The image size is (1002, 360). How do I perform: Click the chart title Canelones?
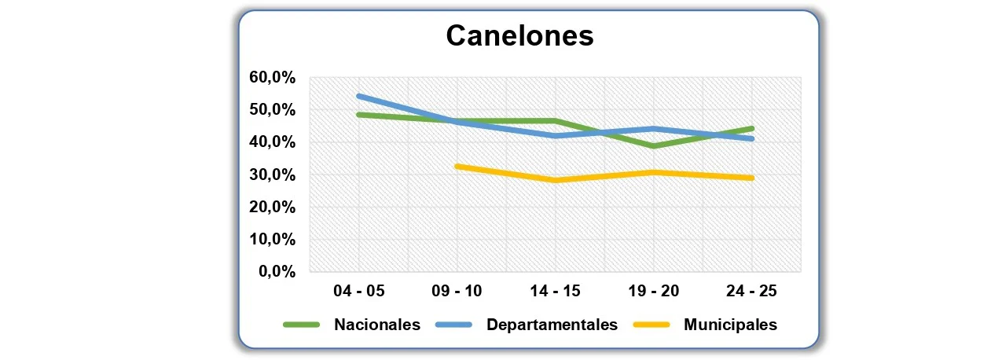tap(519, 36)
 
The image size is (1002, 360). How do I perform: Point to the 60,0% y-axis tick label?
tap(271, 78)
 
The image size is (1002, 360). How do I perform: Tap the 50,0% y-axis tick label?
tap(271, 110)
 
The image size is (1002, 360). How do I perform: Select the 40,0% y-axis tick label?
tap(271, 142)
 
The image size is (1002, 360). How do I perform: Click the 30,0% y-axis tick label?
tap(271, 175)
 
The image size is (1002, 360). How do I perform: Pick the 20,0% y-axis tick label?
tap(271, 208)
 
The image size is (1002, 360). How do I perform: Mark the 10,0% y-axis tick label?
tap(271, 240)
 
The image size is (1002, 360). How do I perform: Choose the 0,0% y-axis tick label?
tap(276, 272)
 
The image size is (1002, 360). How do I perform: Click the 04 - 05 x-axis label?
tap(358, 292)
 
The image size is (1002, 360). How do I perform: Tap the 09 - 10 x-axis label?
tap(457, 292)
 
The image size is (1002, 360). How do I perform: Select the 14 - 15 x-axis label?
tap(556, 292)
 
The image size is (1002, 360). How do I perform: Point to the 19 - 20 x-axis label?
tap(654, 292)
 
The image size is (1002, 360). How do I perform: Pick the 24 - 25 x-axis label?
tap(752, 292)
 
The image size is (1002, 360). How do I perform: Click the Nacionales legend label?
tap(377, 325)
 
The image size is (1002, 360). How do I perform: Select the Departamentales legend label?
tap(552, 325)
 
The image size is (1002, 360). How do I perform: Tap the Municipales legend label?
tap(730, 325)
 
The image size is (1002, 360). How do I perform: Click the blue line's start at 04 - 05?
tap(358, 96)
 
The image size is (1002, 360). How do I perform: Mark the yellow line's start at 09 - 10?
tap(457, 167)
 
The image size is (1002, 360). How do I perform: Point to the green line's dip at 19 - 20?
tap(654, 146)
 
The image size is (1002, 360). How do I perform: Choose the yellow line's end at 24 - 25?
tap(752, 178)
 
